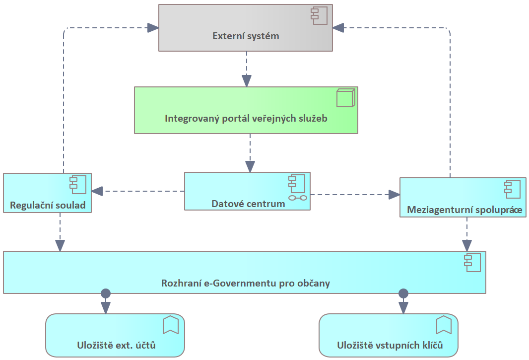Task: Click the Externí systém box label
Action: click(x=246, y=36)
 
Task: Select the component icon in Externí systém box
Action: click(x=319, y=16)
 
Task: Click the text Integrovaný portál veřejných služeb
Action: click(x=246, y=119)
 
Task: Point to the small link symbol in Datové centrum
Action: click(x=298, y=198)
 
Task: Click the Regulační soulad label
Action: click(x=47, y=205)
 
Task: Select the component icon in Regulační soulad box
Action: click(x=78, y=184)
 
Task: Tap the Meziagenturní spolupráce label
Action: click(x=464, y=210)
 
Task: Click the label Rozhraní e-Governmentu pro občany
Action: click(x=246, y=284)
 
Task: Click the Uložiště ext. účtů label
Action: click(x=116, y=345)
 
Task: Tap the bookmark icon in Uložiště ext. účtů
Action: click(x=170, y=325)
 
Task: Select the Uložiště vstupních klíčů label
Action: click(x=390, y=345)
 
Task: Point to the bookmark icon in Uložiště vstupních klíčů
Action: click(x=443, y=325)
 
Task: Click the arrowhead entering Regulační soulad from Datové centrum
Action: click(x=97, y=191)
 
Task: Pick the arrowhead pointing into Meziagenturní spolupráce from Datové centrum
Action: click(x=394, y=194)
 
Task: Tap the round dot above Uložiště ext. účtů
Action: click(x=105, y=293)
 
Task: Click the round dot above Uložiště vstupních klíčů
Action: click(x=403, y=293)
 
